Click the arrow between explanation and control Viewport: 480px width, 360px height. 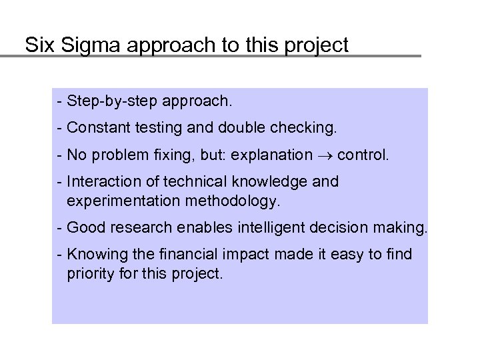pyautogui.click(x=325, y=156)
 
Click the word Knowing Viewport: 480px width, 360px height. pyautogui.click(x=95, y=254)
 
